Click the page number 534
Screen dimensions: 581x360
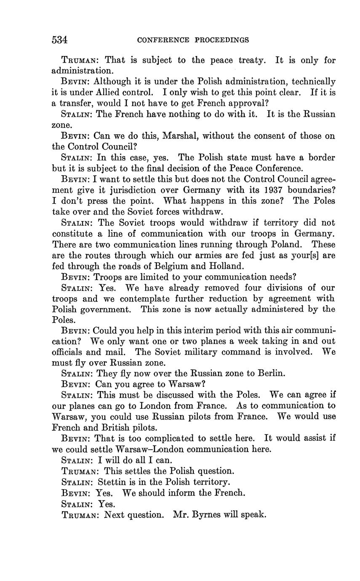tap(60, 40)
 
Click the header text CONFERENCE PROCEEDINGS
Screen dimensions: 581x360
tap(193, 40)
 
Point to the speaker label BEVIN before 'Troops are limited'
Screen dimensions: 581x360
tap(76, 277)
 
